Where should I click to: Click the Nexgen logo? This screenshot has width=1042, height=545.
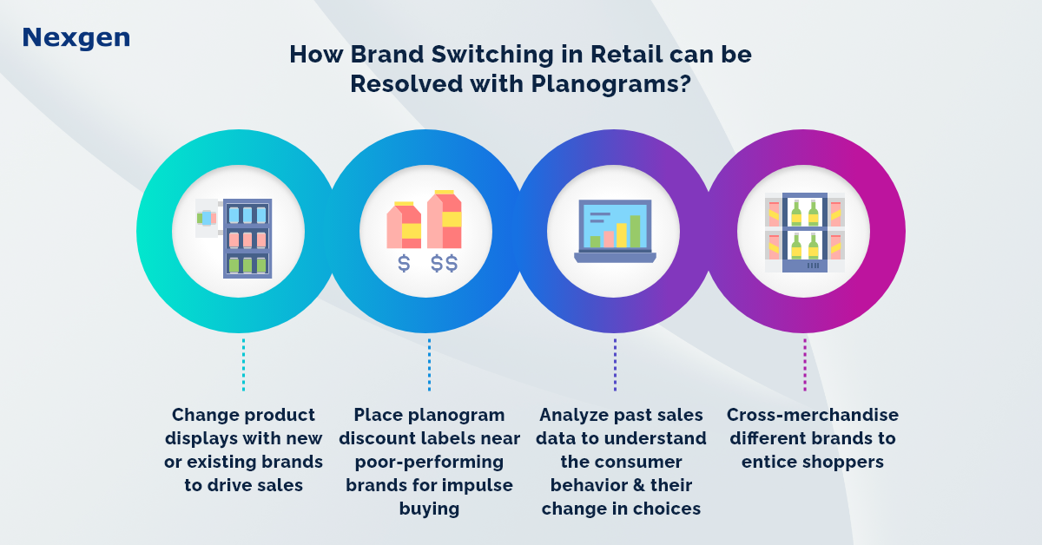click(76, 38)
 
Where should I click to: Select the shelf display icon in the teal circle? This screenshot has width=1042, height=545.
click(234, 239)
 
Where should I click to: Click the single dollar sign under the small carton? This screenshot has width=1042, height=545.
click(404, 263)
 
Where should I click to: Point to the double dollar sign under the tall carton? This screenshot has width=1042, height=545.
click(445, 263)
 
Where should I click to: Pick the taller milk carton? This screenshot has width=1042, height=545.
click(445, 219)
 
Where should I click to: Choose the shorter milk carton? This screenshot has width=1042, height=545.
click(404, 225)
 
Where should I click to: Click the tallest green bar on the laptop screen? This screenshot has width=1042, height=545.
click(635, 231)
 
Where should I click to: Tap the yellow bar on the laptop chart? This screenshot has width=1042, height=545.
click(622, 235)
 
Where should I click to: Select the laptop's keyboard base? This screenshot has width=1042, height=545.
click(615, 258)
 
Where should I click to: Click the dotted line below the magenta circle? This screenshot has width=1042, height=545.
click(805, 364)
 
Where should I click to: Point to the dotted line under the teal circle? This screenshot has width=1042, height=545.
click(243, 364)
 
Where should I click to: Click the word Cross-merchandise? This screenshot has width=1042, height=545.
click(813, 415)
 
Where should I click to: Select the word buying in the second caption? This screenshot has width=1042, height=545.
click(429, 509)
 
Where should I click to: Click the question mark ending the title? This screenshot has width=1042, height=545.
click(685, 85)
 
